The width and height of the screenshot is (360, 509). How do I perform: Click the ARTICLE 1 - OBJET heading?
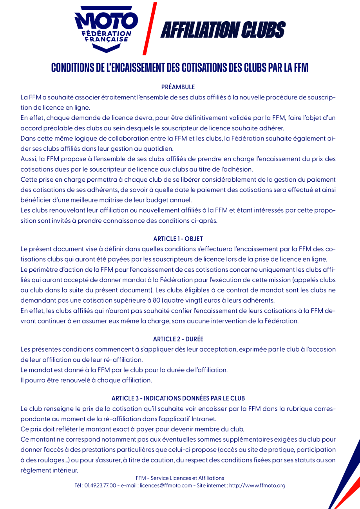180,239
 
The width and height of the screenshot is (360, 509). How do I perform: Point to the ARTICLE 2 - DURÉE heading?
180,339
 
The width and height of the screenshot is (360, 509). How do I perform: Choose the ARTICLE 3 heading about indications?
180,398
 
